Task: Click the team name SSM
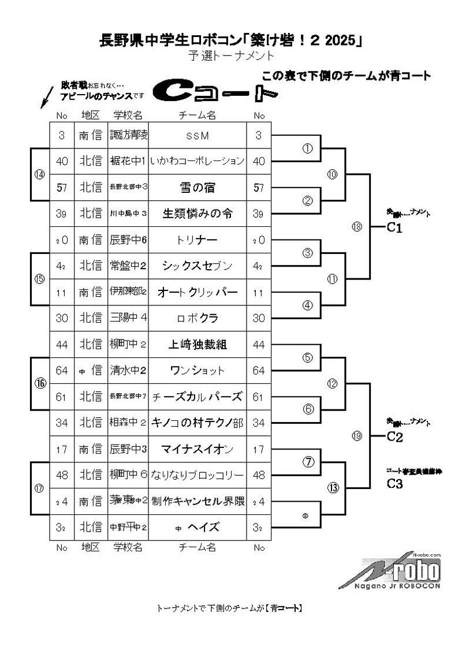197,136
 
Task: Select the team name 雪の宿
197,187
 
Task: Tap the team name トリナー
197,240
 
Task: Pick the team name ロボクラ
197,318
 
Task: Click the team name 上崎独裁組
197,345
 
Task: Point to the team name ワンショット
197,371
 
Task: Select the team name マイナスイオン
197,449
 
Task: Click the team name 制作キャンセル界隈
197,501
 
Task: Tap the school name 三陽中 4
128,318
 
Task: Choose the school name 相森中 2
128,423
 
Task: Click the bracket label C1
394,227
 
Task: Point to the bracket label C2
394,436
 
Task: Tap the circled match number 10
332,174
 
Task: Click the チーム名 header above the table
197,115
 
